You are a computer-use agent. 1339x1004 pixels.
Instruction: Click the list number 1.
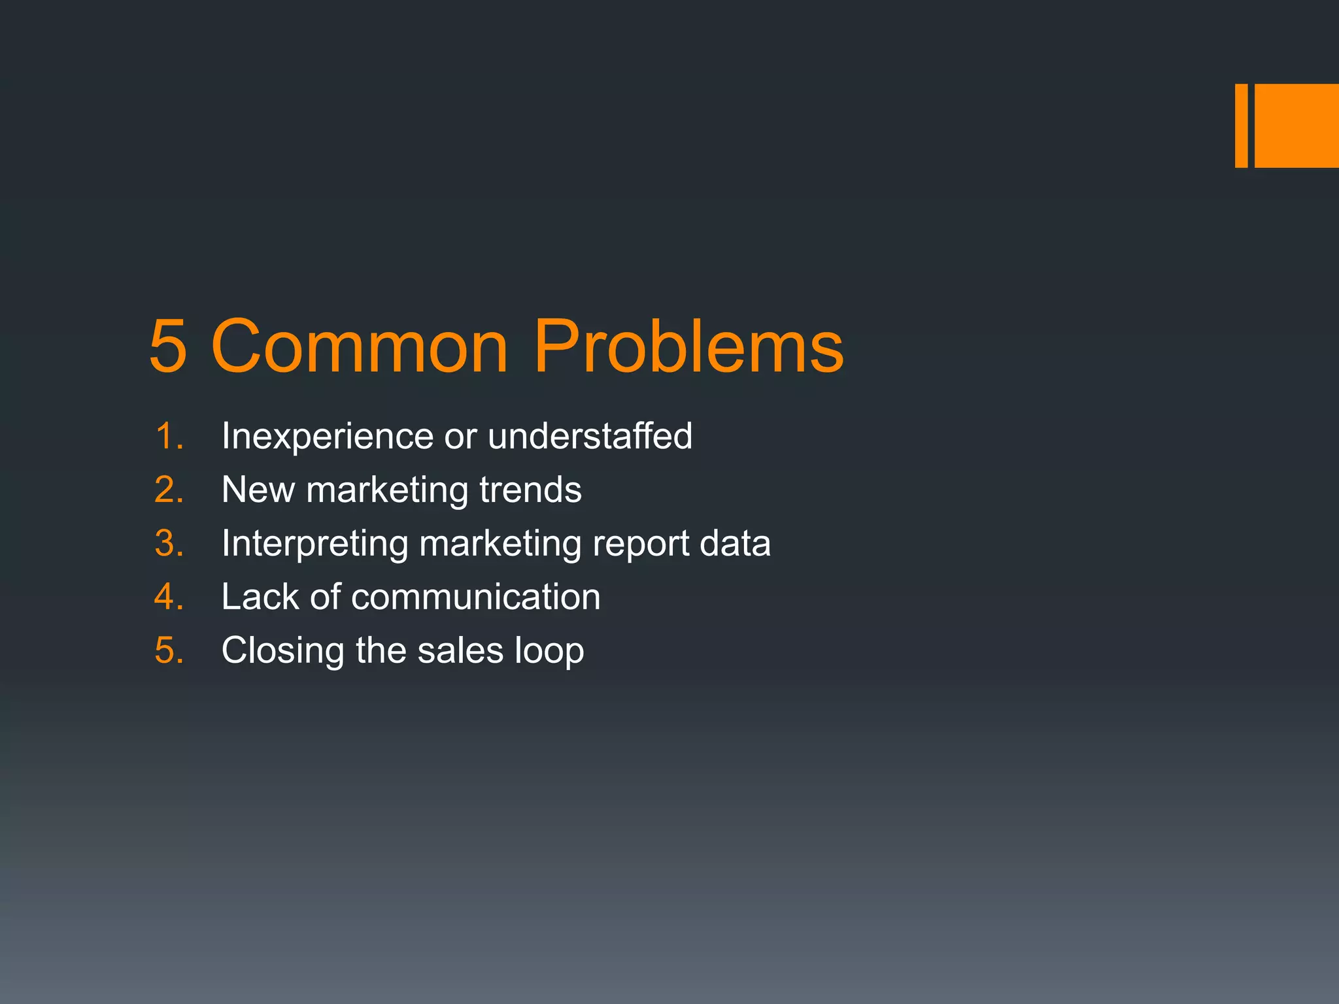click(169, 436)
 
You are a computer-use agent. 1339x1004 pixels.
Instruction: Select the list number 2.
click(169, 490)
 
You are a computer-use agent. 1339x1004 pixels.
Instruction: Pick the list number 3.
click(169, 543)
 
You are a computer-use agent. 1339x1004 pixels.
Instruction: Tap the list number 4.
click(169, 597)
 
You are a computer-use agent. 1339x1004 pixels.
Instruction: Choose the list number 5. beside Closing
click(169, 650)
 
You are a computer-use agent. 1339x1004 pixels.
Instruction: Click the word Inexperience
click(327, 436)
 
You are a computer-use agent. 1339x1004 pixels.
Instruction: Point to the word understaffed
click(590, 436)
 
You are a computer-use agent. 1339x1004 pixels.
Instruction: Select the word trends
click(530, 490)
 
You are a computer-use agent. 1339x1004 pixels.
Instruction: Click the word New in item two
click(258, 490)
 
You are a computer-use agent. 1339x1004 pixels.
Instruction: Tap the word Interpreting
click(314, 544)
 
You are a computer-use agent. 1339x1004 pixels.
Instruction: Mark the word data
click(735, 543)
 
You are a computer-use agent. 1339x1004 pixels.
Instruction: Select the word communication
click(475, 597)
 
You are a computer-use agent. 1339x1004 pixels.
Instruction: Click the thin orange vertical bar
click(1241, 125)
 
